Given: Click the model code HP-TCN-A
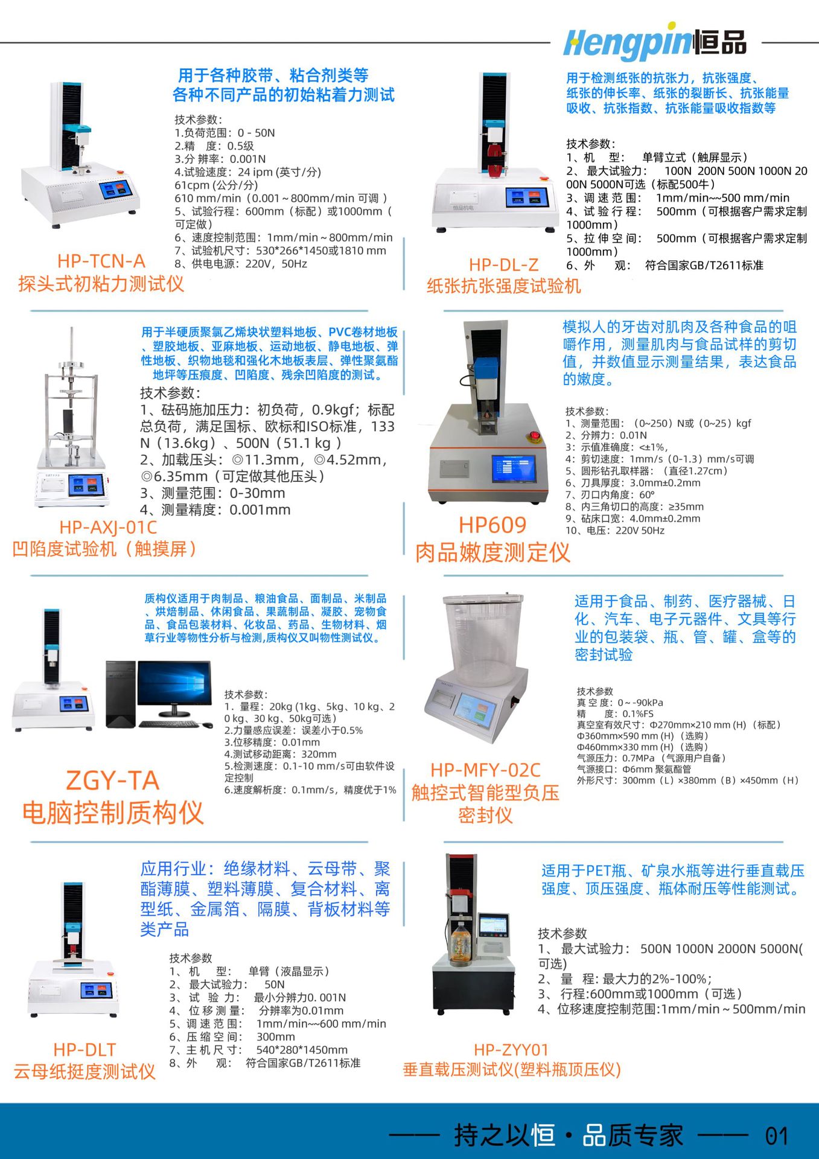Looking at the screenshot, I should click(x=101, y=261).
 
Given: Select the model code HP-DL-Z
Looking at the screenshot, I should click(x=503, y=264).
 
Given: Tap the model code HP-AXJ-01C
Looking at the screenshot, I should click(x=107, y=527).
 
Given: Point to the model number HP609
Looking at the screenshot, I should click(x=492, y=525).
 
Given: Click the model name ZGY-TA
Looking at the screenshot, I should click(x=112, y=781).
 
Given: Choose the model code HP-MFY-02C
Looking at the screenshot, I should click(x=485, y=770).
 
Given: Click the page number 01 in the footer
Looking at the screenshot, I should click(x=777, y=1136).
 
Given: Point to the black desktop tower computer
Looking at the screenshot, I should click(x=120, y=694).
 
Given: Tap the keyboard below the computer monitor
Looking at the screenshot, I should click(x=170, y=724).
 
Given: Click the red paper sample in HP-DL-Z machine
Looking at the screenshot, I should click(x=494, y=157).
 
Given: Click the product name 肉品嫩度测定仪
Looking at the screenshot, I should click(x=492, y=552).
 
